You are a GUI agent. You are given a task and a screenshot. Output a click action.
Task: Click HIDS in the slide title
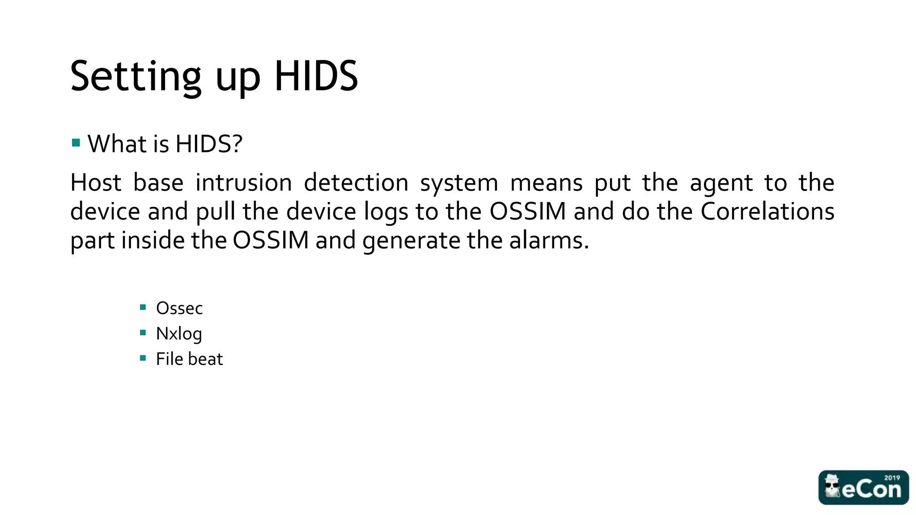click(316, 77)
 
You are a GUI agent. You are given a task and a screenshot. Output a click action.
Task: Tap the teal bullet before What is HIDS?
click(76, 143)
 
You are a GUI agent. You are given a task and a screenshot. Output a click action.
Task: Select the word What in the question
click(117, 144)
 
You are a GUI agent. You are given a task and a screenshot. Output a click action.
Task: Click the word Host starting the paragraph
click(96, 183)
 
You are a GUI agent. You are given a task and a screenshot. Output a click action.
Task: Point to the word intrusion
click(244, 183)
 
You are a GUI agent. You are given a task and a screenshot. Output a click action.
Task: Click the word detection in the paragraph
click(356, 183)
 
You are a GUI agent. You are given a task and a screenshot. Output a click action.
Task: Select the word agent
click(721, 184)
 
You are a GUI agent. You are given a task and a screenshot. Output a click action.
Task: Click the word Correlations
click(767, 211)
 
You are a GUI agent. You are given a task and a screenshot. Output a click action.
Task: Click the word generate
click(411, 241)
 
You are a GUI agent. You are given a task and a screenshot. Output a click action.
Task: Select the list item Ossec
click(179, 308)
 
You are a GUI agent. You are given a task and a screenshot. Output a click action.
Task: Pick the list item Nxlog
click(179, 334)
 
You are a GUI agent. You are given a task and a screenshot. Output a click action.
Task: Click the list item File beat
click(189, 359)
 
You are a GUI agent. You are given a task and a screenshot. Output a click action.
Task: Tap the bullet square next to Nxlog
click(143, 333)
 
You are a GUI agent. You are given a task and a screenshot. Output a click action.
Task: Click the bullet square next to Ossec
click(143, 307)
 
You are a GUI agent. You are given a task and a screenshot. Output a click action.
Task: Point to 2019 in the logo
click(892, 478)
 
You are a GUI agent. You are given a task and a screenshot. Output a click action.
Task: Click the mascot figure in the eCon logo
click(832, 487)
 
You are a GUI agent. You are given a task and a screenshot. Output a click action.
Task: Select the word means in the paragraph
click(546, 183)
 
